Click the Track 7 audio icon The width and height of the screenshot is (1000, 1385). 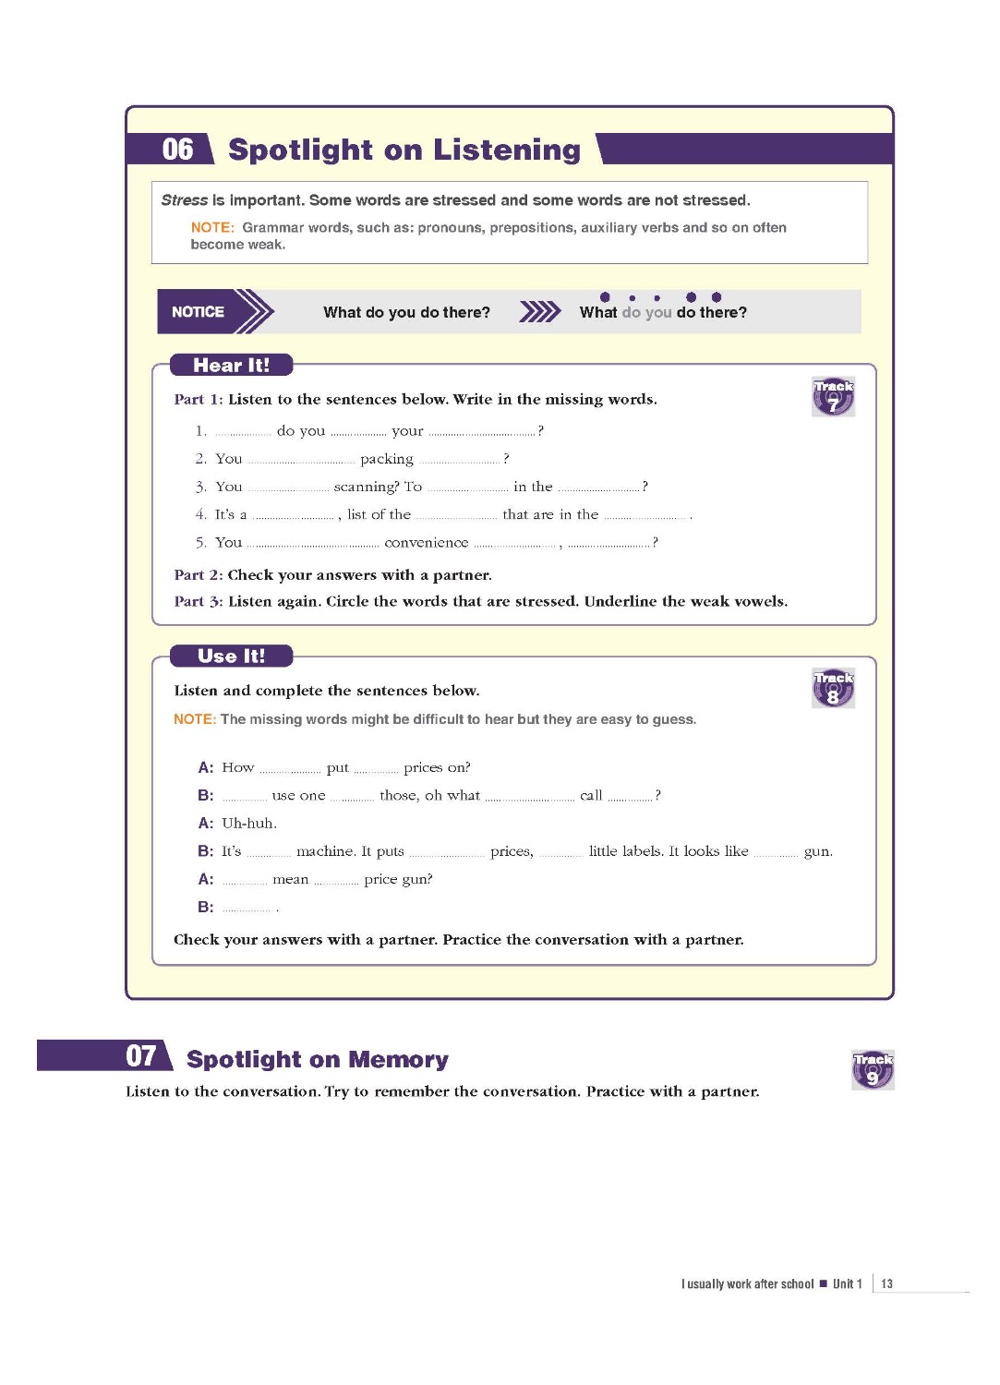click(x=833, y=397)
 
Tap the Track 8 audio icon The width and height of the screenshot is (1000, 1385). click(x=833, y=689)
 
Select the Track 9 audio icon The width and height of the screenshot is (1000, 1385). click(x=873, y=1070)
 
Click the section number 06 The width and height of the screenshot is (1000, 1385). click(x=177, y=150)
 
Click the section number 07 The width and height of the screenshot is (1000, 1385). click(x=141, y=1056)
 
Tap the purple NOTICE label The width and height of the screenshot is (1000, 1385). click(x=198, y=312)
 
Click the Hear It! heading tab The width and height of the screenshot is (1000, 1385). click(x=231, y=366)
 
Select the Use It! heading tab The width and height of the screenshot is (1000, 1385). click(x=231, y=656)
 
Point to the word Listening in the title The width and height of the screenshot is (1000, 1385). click(x=507, y=150)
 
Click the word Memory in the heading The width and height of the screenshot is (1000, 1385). click(x=399, y=1060)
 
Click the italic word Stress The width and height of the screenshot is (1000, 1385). click(x=184, y=200)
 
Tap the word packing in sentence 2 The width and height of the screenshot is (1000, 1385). click(x=386, y=459)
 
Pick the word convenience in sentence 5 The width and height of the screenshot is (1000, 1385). click(x=426, y=543)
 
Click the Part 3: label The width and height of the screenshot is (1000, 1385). click(x=198, y=601)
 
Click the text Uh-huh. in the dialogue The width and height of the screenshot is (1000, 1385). click(x=248, y=824)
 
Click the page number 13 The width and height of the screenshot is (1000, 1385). click(x=886, y=1283)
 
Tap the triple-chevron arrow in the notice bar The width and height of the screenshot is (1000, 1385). click(x=539, y=312)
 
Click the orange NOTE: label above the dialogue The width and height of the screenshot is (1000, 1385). click(x=194, y=719)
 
